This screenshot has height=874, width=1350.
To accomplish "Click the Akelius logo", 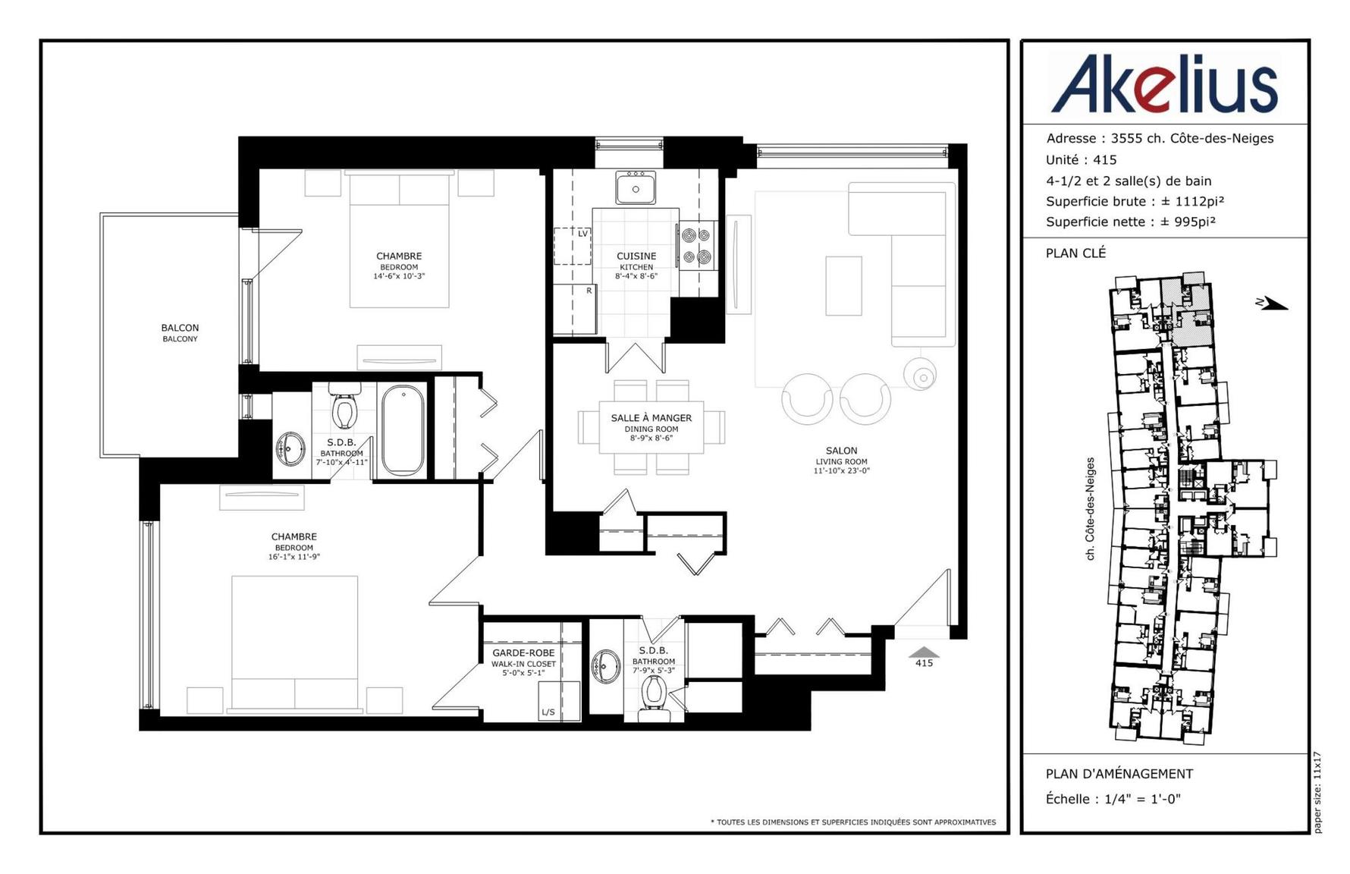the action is [1164, 83].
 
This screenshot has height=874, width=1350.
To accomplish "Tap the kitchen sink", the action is [636, 187].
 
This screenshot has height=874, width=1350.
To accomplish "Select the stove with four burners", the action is [697, 246].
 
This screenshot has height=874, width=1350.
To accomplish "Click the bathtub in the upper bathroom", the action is [403, 430].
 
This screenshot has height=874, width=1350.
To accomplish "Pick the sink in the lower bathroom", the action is [606, 667].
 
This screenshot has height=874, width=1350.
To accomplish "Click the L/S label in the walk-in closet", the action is [548, 712].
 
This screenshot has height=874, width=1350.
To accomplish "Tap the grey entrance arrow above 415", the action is [924, 652].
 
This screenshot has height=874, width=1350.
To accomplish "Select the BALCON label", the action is [180, 328].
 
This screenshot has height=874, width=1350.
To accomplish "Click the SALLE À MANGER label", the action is [651, 418].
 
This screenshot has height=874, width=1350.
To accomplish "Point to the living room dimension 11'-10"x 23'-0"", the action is [842, 470].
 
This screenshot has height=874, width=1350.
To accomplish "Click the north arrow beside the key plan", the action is [1271, 304].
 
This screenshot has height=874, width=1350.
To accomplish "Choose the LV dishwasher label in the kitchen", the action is [583, 234].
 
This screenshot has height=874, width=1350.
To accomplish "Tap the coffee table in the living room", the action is [843, 285].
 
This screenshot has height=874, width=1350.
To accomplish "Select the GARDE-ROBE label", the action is [523, 653].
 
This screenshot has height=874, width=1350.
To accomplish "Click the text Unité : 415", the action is [1081, 160].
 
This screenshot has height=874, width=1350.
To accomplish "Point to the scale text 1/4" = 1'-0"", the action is [1142, 799].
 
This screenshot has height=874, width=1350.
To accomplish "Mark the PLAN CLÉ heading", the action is [1075, 253].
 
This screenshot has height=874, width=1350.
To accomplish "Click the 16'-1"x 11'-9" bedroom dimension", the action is [294, 557].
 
